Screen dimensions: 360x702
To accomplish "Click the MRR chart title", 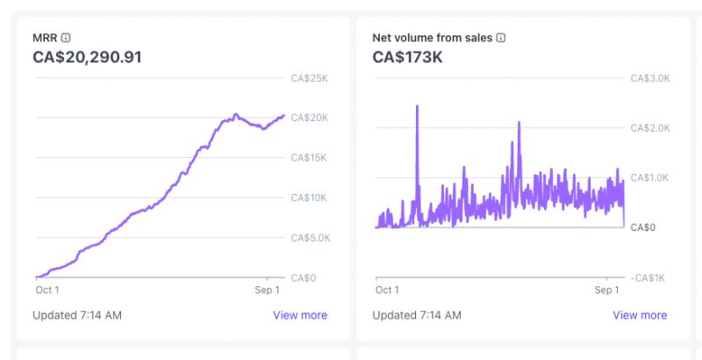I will tap(45, 38).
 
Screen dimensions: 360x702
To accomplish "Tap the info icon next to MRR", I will tap(66, 38).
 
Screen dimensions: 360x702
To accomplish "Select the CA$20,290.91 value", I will tap(87, 58).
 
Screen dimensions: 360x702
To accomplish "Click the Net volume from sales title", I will tap(433, 38).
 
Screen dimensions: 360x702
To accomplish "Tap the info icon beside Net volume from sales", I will tap(501, 38).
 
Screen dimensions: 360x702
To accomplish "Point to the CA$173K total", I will tap(408, 58).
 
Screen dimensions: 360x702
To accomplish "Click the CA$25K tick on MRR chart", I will tap(309, 78).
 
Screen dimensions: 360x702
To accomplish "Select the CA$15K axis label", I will tap(309, 158).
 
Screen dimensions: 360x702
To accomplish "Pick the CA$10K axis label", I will tap(309, 198).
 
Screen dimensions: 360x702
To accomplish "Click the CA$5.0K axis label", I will tap(311, 238).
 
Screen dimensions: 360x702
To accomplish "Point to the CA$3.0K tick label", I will tap(650, 78).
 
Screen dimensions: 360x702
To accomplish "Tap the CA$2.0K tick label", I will tap(650, 128).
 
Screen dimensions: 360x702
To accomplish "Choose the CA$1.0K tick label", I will tap(650, 178).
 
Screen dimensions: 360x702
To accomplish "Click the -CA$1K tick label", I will tap(648, 277).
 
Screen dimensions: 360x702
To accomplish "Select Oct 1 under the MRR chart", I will tap(47, 290).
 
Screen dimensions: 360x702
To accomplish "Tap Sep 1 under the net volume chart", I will tap(606, 290).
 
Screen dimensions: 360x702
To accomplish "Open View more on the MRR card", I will tap(300, 315).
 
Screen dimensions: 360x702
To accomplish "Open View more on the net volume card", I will tap(640, 315).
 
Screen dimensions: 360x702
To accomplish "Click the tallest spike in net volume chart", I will tap(417, 106).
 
